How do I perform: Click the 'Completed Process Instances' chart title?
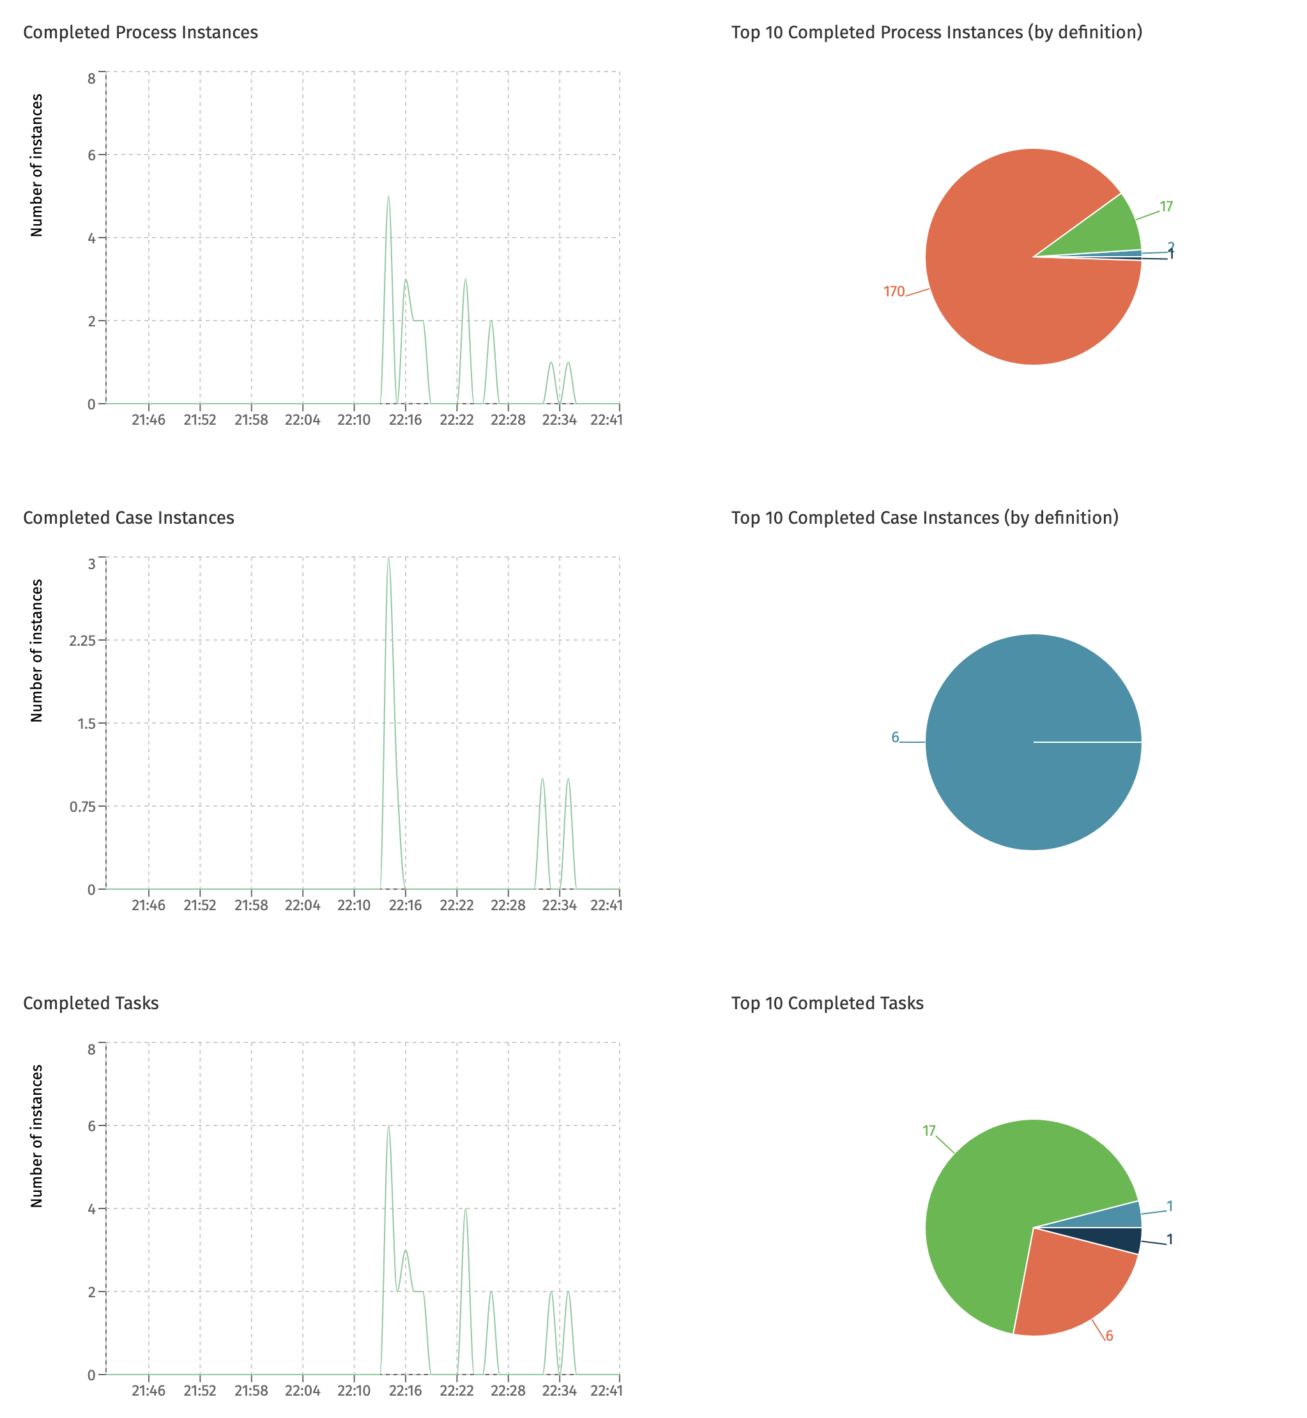pyautogui.click(x=140, y=33)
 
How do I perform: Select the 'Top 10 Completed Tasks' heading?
pyautogui.click(x=827, y=1003)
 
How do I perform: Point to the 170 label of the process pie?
pyautogui.click(x=893, y=291)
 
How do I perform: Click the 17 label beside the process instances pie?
pyautogui.click(x=1166, y=206)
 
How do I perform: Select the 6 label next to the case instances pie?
pyautogui.click(x=895, y=738)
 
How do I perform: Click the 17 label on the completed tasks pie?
pyautogui.click(x=929, y=1131)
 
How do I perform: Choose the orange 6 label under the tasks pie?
pyautogui.click(x=1109, y=1336)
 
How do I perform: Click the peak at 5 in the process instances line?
pyautogui.click(x=388, y=197)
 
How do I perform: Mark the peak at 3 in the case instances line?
pyautogui.click(x=388, y=558)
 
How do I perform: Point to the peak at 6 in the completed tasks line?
pyautogui.click(x=388, y=1126)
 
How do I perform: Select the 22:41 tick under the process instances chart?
pyautogui.click(x=606, y=420)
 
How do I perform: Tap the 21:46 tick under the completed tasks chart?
pyautogui.click(x=148, y=1391)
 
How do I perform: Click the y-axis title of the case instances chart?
pyautogui.click(x=37, y=650)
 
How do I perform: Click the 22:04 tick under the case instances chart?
pyautogui.click(x=303, y=905)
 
